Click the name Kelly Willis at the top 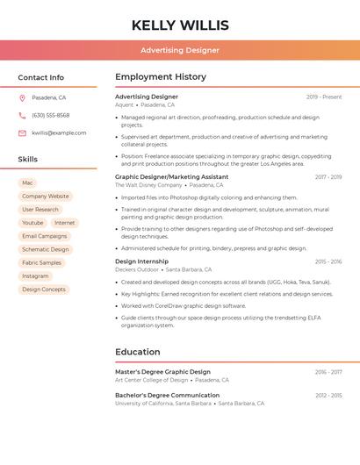[180, 25]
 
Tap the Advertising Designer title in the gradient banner [180, 50]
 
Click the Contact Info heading [41, 77]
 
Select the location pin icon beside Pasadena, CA [22, 97]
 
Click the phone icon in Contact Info [22, 115]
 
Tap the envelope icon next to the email [22, 132]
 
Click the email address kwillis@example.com [59, 132]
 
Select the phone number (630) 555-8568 [51, 115]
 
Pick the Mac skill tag [27, 182]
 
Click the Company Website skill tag [45, 196]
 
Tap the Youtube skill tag [32, 223]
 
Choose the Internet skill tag [65, 223]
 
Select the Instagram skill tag [35, 275]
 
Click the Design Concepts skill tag [44, 289]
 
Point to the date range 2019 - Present [324, 97]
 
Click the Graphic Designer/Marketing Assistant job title [171, 176]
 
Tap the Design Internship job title [141, 261]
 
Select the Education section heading [138, 352]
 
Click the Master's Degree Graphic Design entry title [162, 371]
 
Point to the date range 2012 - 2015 [328, 396]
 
